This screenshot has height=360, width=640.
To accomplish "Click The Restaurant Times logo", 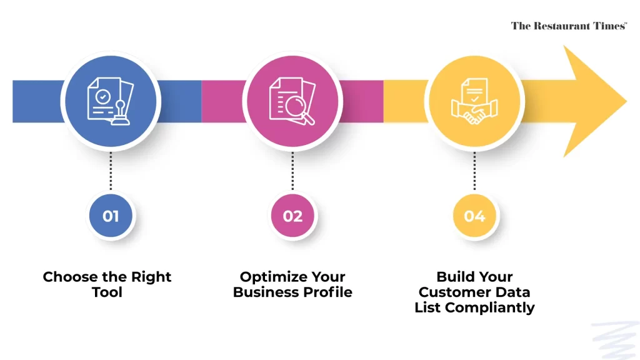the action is tap(569, 26).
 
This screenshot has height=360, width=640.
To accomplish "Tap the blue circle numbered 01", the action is tap(111, 216).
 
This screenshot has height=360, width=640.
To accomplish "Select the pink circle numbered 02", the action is tap(292, 216).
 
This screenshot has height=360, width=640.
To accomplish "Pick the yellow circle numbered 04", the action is tap(474, 216).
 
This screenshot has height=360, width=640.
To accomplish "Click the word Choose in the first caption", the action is tap(70, 277).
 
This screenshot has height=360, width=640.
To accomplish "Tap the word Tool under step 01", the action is tap(107, 292).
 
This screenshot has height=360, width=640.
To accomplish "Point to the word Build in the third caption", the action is tap(452, 277).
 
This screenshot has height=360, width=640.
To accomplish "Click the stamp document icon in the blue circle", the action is tap(111, 101).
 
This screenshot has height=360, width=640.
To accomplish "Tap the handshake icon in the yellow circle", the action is tap(474, 113).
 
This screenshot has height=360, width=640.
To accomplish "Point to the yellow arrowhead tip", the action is tap(626, 101).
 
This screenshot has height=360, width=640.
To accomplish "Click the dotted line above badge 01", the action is tap(111, 171).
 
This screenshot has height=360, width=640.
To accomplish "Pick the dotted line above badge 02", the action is tap(292, 171).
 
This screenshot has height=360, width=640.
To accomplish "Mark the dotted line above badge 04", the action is tap(474, 171).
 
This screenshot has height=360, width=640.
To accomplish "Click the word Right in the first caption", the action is tap(151, 277).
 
